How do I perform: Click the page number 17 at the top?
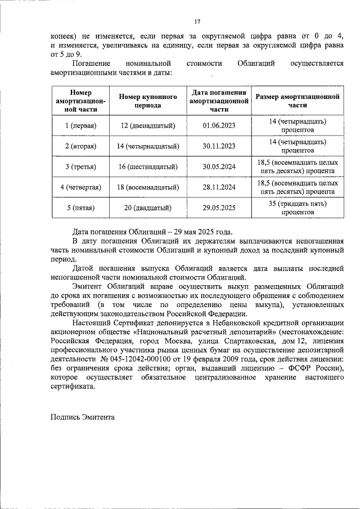[197, 22]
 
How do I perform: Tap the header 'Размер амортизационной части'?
[298, 101]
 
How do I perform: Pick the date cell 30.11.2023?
[219, 146]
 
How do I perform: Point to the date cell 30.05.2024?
[219, 167]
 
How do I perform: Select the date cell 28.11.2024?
[219, 187]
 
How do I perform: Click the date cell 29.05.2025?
[219, 208]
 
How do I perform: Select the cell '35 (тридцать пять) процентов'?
[298, 208]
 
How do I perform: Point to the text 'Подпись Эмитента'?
[82, 417]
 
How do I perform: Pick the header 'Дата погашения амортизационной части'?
[219, 101]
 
